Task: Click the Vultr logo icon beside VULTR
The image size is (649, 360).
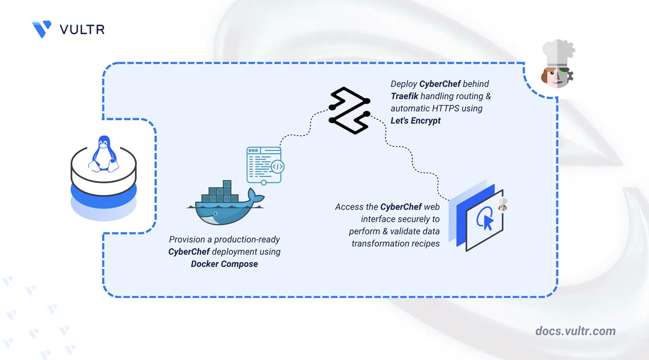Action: (x=41, y=29)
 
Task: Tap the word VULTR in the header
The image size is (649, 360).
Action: (x=82, y=29)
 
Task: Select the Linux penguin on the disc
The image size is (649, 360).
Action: (x=103, y=154)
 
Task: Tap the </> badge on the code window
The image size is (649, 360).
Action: (x=277, y=166)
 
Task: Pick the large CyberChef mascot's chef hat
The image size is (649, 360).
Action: (x=557, y=53)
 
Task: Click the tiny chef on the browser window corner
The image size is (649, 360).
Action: (x=502, y=204)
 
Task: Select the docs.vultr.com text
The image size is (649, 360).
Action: (x=575, y=331)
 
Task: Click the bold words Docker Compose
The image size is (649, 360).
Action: (x=224, y=264)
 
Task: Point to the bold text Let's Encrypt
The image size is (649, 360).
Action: (x=416, y=121)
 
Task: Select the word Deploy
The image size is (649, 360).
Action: (x=404, y=84)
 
